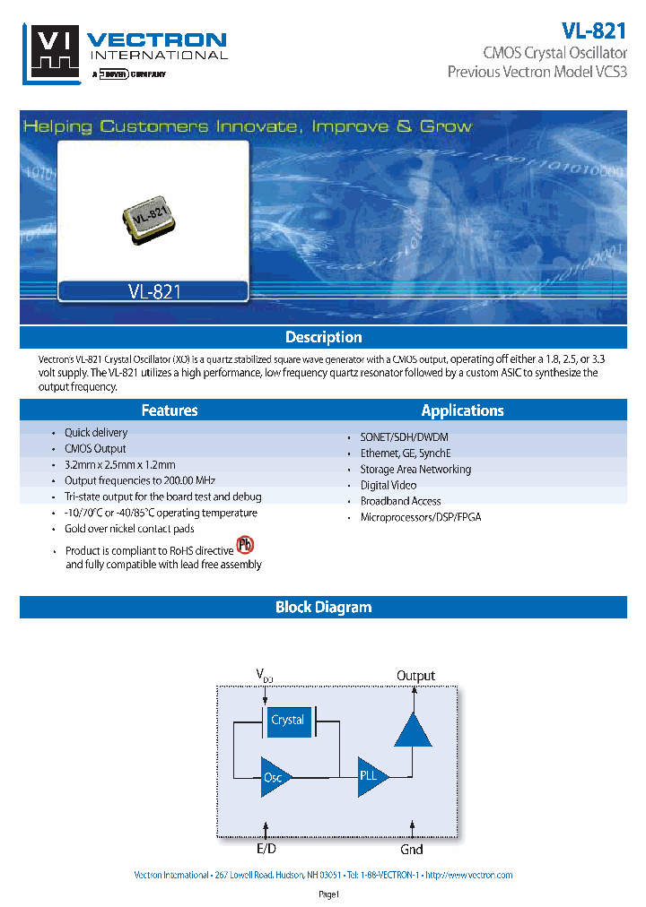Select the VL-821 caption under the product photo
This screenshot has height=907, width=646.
tap(154, 291)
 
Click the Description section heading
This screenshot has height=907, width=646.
tap(323, 337)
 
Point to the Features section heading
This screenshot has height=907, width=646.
tap(170, 410)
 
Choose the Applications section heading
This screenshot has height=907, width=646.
tap(462, 410)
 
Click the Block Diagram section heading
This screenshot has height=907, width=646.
tap(323, 608)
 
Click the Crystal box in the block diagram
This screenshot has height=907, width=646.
tap(287, 721)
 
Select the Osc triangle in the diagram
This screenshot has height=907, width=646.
tap(275, 776)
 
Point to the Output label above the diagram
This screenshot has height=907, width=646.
tap(415, 676)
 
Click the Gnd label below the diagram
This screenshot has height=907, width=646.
tap(412, 849)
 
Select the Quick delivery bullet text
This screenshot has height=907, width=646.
tap(96, 433)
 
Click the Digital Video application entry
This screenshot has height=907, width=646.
tap(388, 485)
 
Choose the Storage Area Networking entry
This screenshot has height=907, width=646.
tap(415, 469)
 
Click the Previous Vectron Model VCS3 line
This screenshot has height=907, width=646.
tap(537, 71)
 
